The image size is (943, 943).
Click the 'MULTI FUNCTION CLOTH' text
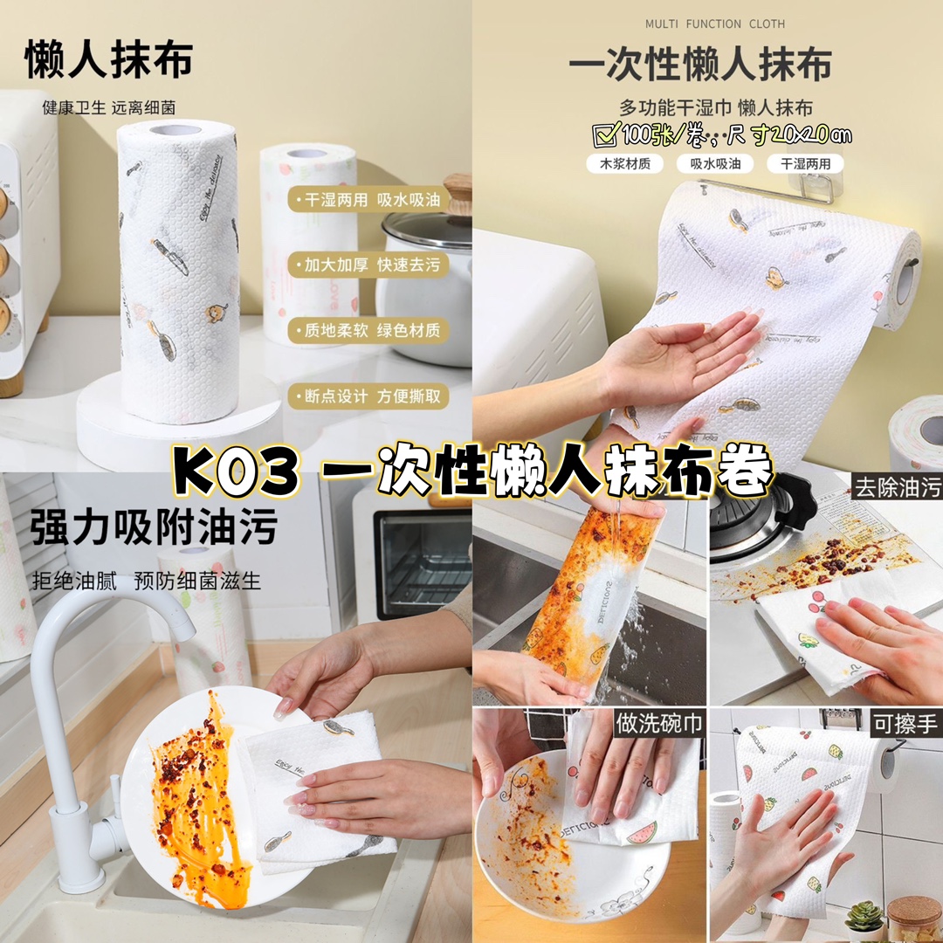pos(714,24)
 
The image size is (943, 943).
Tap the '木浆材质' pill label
pos(625,163)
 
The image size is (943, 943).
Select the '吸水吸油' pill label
pos(715,163)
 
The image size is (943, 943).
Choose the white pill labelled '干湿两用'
pos(805,163)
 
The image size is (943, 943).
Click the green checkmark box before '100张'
pos(606,134)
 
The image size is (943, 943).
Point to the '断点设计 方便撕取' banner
pos(368,396)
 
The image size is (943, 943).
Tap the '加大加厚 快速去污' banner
pos(368,265)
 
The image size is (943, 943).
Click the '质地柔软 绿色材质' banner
pos(368,330)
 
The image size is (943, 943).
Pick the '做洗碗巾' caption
pos(659,724)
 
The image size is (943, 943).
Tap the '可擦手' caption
pos(905,724)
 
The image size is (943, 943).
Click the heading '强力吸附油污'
pos(154,527)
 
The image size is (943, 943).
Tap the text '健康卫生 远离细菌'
pos(109,108)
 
